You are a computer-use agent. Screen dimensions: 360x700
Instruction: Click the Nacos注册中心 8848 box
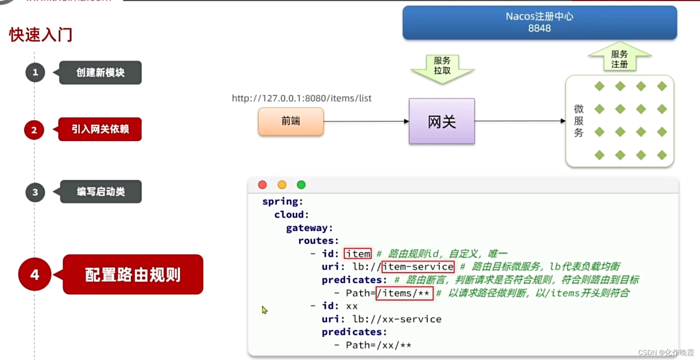539,22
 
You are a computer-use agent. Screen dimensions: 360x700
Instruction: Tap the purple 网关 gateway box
442,121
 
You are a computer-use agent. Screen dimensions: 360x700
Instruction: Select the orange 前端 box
291,121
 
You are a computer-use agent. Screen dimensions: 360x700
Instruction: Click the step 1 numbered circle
35,72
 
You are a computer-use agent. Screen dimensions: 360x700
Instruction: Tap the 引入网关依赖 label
100,129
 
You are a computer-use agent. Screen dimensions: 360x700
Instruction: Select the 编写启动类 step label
101,191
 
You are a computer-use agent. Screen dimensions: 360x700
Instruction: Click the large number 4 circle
35,274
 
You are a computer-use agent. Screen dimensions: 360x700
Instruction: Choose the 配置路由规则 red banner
133,274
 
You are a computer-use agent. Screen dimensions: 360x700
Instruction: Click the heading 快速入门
41,35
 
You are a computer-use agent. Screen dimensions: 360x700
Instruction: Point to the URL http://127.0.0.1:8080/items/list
301,98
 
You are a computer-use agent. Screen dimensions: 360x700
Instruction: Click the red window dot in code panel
262,185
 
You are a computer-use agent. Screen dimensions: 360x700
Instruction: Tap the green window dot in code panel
301,185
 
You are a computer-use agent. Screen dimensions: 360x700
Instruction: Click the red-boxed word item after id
358,254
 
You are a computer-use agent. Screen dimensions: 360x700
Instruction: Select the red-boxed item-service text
418,267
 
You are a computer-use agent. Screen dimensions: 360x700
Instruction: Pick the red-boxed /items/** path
404,293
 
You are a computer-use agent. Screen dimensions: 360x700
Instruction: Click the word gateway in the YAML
307,228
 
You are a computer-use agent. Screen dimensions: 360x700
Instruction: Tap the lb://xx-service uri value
397,319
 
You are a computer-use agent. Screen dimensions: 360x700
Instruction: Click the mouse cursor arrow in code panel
265,310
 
